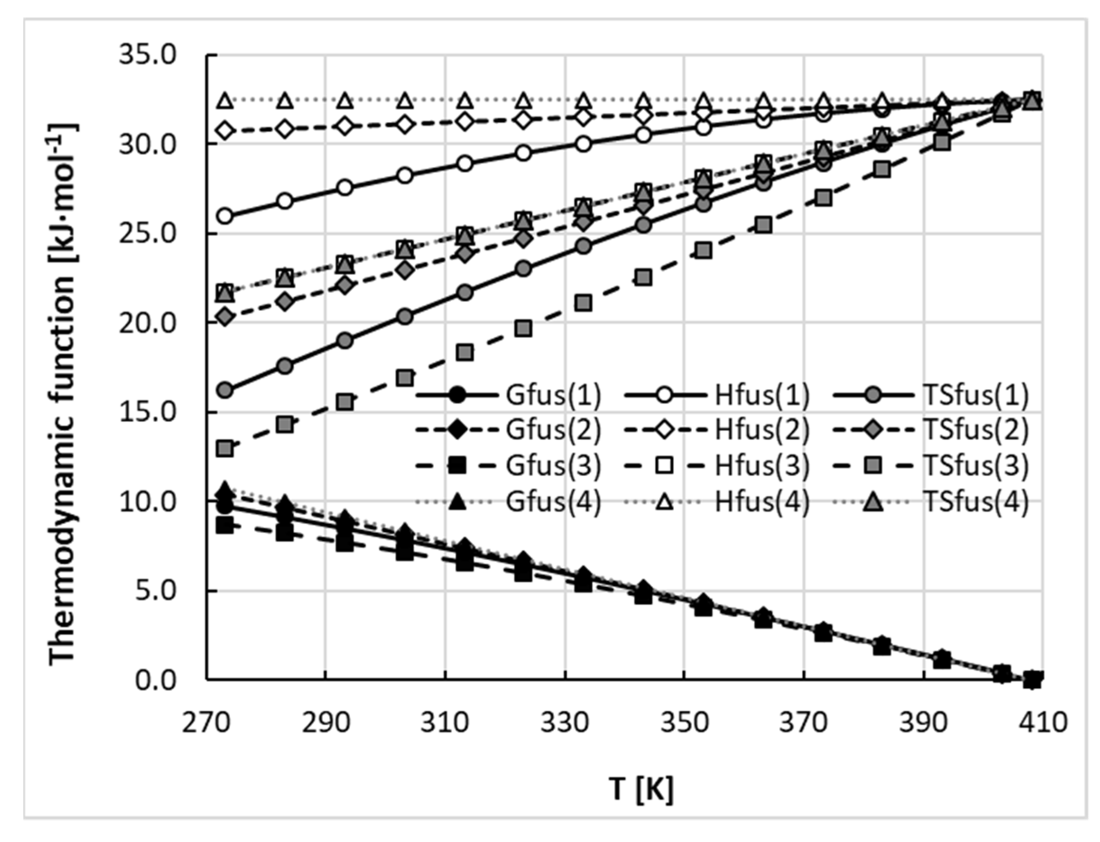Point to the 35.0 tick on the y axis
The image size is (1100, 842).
pos(148,55)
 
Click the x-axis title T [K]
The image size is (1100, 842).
pos(641,789)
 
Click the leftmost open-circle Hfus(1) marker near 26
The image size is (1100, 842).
pos(225,216)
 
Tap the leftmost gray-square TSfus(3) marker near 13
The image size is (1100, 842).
pos(225,448)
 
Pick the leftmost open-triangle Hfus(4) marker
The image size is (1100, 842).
pos(225,101)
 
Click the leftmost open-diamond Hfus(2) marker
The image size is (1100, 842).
pos(225,131)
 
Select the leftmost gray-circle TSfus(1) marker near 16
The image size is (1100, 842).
pos(225,390)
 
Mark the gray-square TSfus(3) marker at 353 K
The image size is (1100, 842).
pos(703,250)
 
